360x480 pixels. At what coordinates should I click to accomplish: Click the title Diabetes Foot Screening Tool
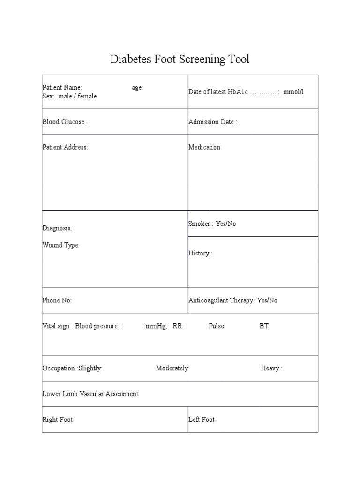point(180,60)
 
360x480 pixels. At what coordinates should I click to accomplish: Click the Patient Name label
point(62,88)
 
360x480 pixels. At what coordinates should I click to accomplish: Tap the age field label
point(137,88)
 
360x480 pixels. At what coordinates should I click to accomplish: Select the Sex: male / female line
point(70,96)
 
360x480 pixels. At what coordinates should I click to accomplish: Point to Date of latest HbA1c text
point(218,92)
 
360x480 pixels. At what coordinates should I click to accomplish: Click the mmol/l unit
point(293,92)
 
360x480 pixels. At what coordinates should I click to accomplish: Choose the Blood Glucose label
point(65,122)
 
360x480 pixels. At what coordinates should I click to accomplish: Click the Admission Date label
point(213,122)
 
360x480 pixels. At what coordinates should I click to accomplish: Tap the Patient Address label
point(65,147)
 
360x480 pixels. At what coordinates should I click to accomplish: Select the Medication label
point(205,147)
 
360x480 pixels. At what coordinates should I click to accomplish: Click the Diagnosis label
point(57,228)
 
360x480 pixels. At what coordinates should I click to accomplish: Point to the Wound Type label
point(61,245)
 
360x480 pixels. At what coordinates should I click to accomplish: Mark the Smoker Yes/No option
point(212,224)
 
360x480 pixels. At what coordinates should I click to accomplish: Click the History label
point(201,254)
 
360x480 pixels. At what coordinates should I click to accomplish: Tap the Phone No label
point(57,300)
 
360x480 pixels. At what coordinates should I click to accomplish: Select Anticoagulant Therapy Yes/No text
point(233,300)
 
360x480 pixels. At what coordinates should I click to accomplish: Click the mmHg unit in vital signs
point(156,326)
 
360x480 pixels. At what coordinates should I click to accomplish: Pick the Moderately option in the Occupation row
point(172,368)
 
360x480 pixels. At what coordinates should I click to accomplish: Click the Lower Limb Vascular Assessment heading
point(90,394)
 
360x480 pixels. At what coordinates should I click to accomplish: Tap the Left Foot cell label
point(202,420)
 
